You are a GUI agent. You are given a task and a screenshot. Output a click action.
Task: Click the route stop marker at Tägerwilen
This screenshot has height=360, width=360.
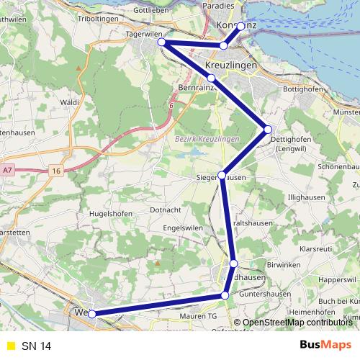point(163,42)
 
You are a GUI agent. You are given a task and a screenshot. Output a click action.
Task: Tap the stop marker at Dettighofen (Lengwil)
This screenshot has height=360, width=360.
point(268,130)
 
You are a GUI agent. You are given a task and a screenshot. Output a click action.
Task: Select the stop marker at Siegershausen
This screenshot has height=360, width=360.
point(222,175)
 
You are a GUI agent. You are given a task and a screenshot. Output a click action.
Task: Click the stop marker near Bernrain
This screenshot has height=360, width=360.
point(211,78)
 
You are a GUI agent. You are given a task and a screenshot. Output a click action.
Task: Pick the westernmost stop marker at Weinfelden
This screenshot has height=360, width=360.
point(91,313)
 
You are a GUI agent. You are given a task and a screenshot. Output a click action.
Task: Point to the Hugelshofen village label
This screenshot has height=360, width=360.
point(109,214)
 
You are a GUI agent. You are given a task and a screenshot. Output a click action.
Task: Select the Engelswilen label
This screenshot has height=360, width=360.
point(184,228)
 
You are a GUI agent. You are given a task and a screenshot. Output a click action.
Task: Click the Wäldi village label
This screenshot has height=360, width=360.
point(69,103)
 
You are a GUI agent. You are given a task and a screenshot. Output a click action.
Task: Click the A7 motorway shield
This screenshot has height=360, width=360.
point(7,170)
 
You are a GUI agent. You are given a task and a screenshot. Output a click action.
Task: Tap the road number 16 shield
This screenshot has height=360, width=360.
point(55,171)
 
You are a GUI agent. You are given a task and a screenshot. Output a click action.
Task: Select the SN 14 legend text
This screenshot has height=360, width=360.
point(36,346)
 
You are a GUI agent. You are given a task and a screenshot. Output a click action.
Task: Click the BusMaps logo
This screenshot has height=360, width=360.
point(325,346)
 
